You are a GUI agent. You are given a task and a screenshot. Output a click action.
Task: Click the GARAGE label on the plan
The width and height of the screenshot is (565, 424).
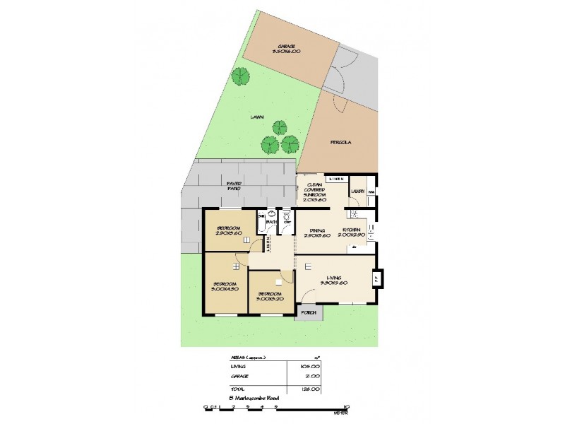[286, 47]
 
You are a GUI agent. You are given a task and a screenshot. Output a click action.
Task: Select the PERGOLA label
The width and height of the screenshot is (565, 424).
[340, 143]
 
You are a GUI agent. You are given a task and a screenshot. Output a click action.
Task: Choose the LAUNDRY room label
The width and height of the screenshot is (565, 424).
[358, 190]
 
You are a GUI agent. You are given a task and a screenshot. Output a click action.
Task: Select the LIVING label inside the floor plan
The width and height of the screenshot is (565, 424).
[330, 278]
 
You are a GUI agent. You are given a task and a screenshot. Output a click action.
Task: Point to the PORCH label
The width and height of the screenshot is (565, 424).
[308, 312]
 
